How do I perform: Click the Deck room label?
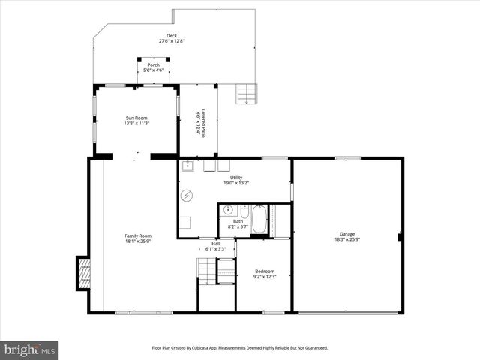click(172, 36)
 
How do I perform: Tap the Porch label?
click(153, 65)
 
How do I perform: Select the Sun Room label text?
click(136, 118)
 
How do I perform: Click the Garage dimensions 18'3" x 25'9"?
click(347, 240)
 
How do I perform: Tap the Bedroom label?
click(264, 271)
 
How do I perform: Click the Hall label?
click(215, 244)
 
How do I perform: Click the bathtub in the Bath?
click(259, 220)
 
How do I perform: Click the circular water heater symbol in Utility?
click(186, 196)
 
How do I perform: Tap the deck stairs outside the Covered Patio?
click(247, 94)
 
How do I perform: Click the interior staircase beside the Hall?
click(206, 270)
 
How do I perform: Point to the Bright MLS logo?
click(30, 349)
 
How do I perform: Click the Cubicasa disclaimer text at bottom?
click(240, 348)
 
